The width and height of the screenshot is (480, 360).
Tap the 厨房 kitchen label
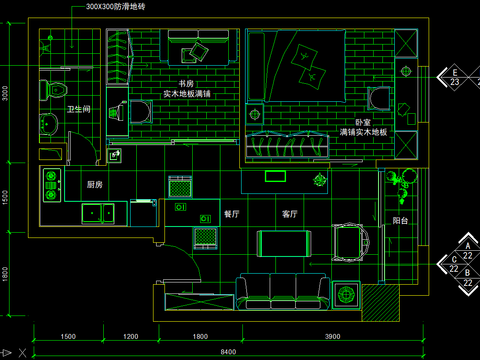[x=96, y=184]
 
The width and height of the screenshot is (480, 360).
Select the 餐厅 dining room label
[x=231, y=213]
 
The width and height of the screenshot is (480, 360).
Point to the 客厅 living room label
[x=290, y=213]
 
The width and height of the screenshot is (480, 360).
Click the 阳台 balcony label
[x=399, y=219]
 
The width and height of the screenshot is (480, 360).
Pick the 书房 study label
[x=186, y=83]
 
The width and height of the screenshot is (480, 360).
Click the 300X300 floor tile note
[x=116, y=6]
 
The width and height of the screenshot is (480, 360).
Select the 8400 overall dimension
[x=229, y=351]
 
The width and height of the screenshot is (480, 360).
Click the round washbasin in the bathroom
[x=48, y=124]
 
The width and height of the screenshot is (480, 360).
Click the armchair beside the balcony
[x=350, y=240]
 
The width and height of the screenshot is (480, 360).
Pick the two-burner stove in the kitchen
[x=49, y=186]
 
